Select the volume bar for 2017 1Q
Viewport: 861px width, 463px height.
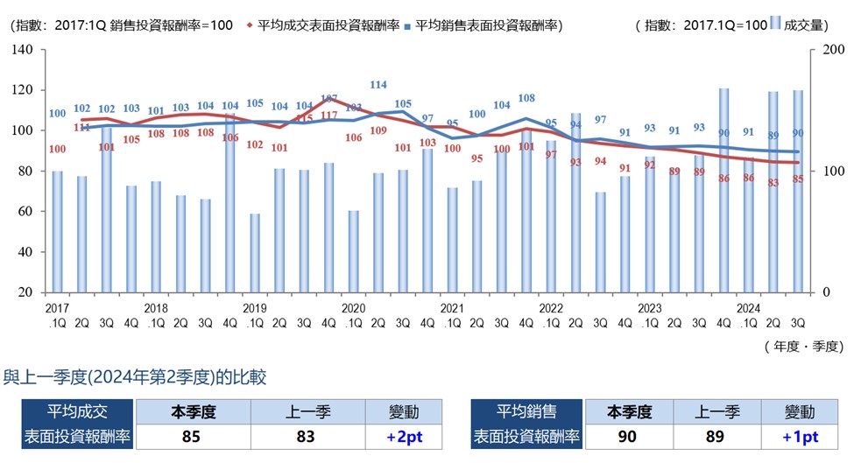point(57,231)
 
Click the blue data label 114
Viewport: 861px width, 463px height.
point(378,85)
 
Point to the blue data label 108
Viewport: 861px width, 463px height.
point(526,98)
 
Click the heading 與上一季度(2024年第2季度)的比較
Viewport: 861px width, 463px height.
point(136,377)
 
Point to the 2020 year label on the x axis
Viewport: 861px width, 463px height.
point(353,308)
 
